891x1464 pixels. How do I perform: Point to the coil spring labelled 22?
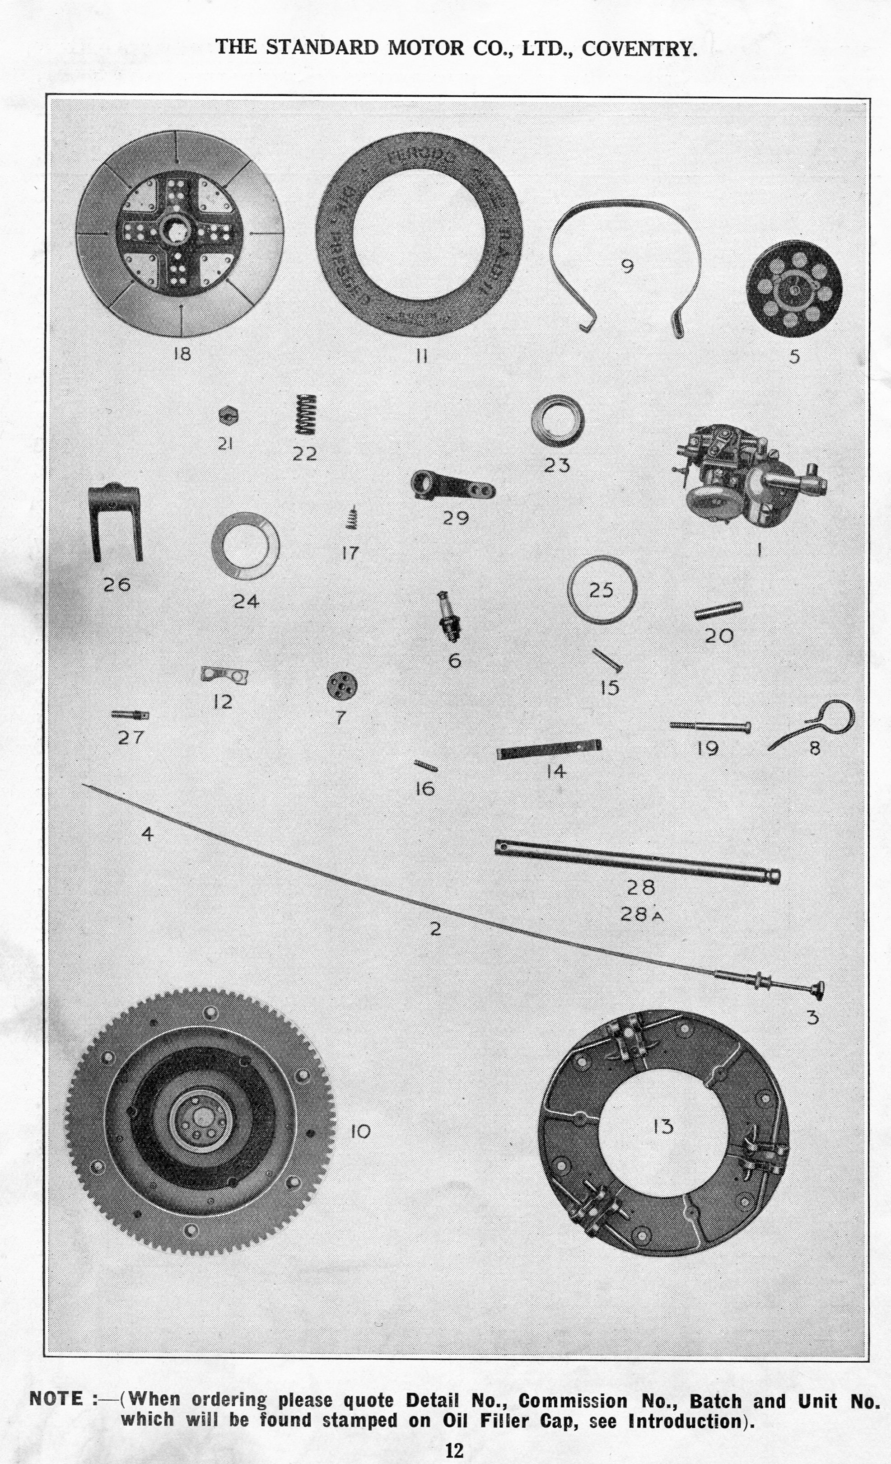point(305,415)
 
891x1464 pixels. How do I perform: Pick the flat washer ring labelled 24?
point(245,545)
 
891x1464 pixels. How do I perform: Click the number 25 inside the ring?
point(601,590)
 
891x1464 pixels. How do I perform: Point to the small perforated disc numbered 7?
point(341,686)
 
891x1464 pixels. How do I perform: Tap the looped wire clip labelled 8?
point(820,722)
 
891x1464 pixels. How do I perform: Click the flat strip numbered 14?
point(548,750)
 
